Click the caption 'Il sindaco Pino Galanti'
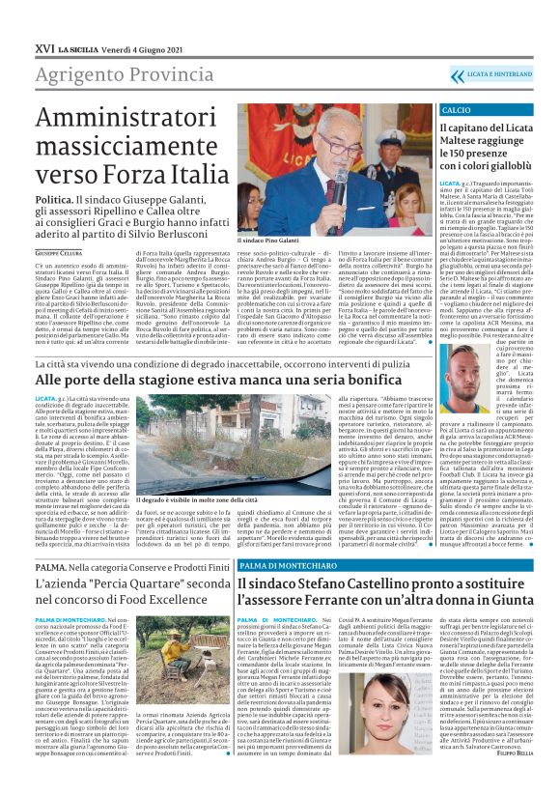click(x=268, y=239)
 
